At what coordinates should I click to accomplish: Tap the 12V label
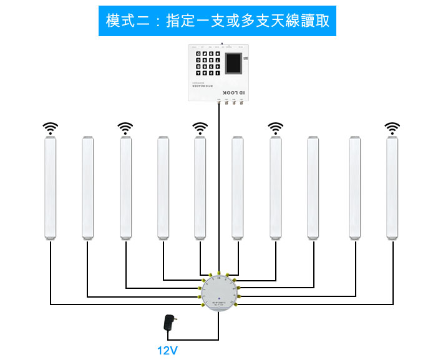167,350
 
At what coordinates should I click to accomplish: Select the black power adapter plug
168,323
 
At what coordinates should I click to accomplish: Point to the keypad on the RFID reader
207,64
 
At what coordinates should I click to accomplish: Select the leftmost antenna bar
50,187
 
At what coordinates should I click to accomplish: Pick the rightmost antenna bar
392,187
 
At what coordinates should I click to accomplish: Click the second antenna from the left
88,187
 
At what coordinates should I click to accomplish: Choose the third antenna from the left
126,187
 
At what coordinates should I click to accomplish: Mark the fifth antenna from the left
200,187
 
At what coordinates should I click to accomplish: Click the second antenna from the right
354,187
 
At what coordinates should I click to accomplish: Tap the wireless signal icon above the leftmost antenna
50,129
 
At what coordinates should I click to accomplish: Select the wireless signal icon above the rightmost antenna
392,129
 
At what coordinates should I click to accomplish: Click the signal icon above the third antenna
125,129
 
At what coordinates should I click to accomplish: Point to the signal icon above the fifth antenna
200,129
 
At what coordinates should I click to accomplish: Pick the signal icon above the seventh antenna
275,129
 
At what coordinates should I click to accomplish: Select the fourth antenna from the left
163,187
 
